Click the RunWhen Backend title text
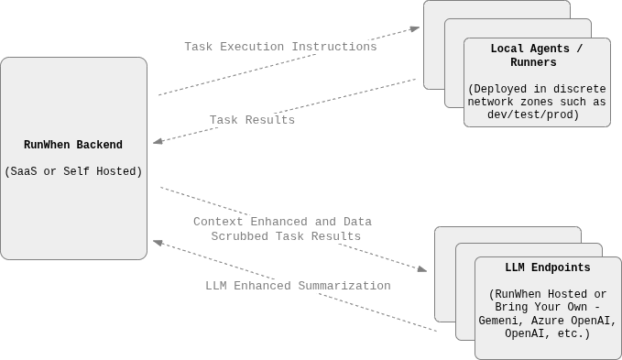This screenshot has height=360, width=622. coord(73,145)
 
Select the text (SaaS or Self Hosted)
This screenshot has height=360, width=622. coord(73,171)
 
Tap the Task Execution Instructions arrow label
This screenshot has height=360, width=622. coord(280,47)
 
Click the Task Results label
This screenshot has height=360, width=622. coord(252,120)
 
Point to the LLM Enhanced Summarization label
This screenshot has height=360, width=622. coord(298,286)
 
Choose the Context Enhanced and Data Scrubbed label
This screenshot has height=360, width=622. coord(284,229)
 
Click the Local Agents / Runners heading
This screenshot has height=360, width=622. coord(536,55)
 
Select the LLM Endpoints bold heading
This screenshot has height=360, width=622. coord(547,268)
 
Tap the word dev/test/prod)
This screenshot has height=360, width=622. coord(533,115)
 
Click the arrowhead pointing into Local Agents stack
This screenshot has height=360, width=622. coord(415,28)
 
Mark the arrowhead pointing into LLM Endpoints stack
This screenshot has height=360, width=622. coord(422,269)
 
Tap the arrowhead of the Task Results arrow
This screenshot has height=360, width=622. coord(158,142)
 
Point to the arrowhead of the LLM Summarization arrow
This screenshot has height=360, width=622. coord(158,242)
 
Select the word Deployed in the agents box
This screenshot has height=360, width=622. coord(500,89)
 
